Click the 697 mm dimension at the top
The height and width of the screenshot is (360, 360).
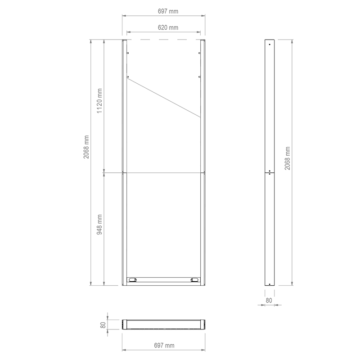(163, 10)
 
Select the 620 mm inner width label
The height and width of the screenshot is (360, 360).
(163, 27)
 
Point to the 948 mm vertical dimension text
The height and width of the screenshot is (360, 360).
(100, 224)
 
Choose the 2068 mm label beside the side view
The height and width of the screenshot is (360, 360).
(288, 157)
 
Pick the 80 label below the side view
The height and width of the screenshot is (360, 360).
(269, 300)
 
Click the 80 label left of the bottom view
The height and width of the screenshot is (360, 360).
(103, 324)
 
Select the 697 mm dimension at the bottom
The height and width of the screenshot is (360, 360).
(163, 345)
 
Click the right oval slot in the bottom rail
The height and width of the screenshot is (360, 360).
(195, 280)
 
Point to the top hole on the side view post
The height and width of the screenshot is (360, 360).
(269, 44)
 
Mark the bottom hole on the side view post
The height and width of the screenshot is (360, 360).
(269, 283)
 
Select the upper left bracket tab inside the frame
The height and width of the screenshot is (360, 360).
(128, 54)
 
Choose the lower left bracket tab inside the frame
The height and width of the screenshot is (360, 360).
(128, 76)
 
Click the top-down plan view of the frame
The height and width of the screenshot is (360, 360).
(163, 324)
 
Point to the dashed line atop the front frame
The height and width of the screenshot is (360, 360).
(163, 40)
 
